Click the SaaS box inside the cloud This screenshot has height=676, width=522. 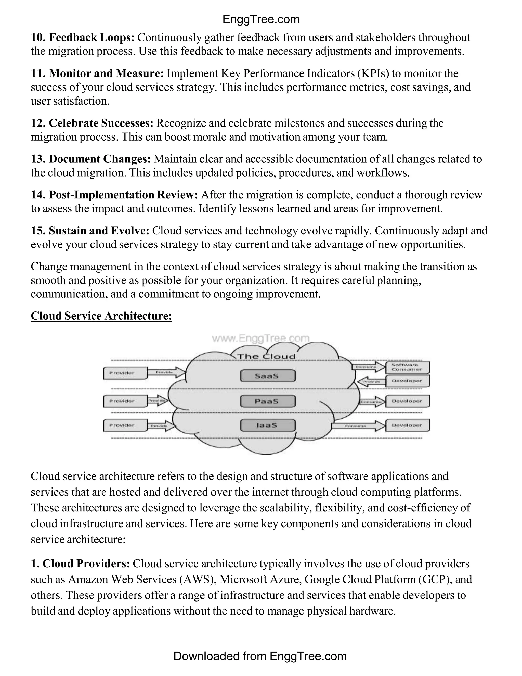tap(267, 376)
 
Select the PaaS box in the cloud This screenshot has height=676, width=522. tap(267, 401)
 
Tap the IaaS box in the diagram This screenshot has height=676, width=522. tap(267, 425)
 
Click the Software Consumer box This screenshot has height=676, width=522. tap(407, 367)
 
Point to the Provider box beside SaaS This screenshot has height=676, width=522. tap(125, 373)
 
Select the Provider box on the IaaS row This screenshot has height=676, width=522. tap(125, 425)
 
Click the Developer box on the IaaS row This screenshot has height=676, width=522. tap(407, 425)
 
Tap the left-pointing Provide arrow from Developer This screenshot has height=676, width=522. tap(371, 381)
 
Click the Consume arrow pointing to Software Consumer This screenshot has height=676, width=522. tap(368, 367)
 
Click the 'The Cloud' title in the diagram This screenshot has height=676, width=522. tap(267, 357)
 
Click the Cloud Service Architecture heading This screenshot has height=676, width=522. tap(101, 316)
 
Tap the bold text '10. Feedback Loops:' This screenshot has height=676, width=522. tap(83, 37)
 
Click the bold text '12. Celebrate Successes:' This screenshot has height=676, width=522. tap(92, 123)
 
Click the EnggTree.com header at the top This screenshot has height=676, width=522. tap(261, 19)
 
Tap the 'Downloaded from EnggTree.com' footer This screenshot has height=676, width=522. tap(260, 656)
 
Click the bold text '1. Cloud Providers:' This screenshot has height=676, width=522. tap(80, 563)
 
